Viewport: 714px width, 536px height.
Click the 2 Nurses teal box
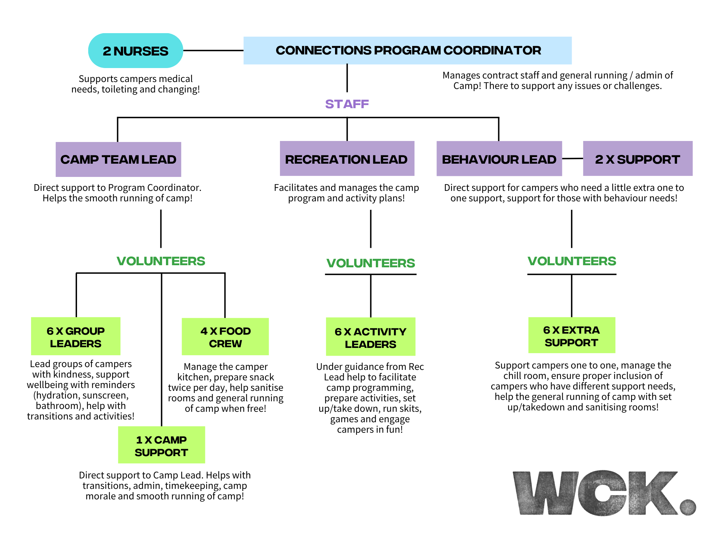click(136, 51)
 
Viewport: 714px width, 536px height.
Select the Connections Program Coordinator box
click(407, 51)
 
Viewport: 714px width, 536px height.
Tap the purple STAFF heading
click(347, 104)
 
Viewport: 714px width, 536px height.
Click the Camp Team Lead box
click(118, 159)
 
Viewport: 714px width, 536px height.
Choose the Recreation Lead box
click(347, 159)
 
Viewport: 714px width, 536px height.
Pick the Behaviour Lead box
click(499, 159)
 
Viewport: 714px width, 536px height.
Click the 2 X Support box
click(637, 159)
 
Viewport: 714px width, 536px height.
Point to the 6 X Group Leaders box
click(76, 336)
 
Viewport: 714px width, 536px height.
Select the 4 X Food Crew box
click(225, 337)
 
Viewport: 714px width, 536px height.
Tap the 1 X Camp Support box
click(161, 445)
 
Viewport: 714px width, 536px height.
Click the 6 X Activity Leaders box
click(370, 337)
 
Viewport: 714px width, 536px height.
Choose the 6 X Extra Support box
click(571, 336)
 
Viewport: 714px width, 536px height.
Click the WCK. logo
click(603, 493)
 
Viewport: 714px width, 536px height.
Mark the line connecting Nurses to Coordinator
click(213, 51)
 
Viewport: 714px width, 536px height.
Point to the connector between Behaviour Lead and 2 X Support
click(572, 159)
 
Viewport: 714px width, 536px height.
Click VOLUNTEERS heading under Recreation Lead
click(371, 263)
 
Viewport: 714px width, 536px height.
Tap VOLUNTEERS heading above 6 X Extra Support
click(572, 261)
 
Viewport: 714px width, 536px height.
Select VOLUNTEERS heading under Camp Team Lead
click(161, 261)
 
